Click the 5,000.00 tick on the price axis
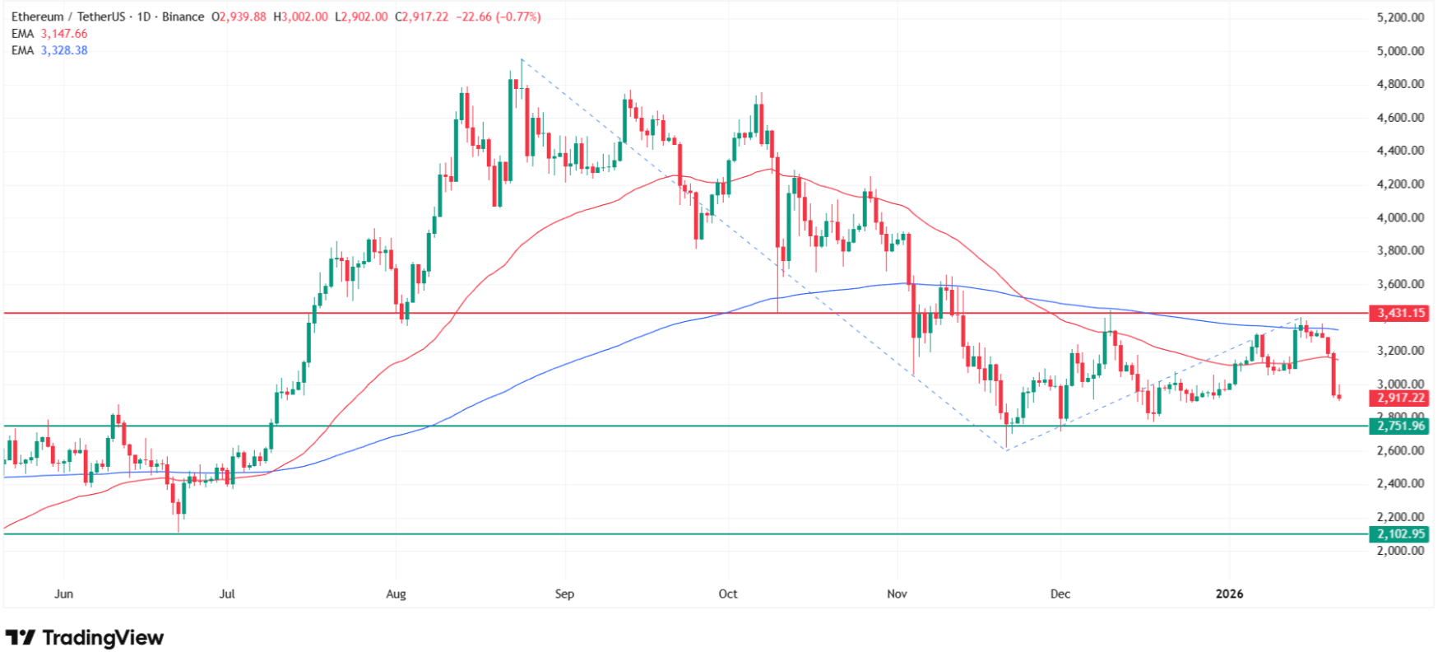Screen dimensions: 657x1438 click(x=1400, y=51)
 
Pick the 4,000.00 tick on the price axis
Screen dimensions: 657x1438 click(x=1400, y=217)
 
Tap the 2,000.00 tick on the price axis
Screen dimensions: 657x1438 click(x=1400, y=550)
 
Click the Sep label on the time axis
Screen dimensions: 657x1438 click(x=564, y=594)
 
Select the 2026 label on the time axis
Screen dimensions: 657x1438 click(x=1229, y=594)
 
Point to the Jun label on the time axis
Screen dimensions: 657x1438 click(x=63, y=594)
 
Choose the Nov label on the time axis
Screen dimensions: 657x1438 click(x=897, y=594)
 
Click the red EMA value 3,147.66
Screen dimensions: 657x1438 click(x=64, y=34)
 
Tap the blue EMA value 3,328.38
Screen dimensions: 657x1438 click(x=64, y=50)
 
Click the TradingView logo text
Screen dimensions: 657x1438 click(x=103, y=638)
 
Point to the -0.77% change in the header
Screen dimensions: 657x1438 click(x=518, y=16)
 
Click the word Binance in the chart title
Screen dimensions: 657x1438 click(x=183, y=16)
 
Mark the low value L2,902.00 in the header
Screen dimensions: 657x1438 click(x=361, y=16)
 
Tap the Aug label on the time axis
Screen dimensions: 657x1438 click(x=396, y=594)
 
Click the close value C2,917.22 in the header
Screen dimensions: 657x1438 click(x=421, y=16)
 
